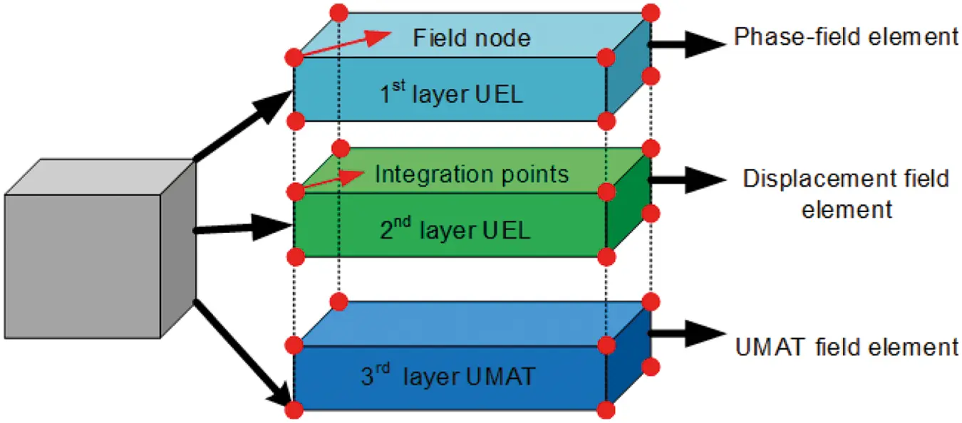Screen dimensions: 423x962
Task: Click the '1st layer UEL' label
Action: click(450, 93)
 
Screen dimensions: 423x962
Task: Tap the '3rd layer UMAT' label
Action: click(447, 375)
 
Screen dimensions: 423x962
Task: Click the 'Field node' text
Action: click(472, 37)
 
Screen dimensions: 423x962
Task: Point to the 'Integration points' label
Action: click(472, 174)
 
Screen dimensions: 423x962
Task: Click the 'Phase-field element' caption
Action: click(846, 37)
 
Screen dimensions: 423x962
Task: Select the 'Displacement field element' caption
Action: click(846, 193)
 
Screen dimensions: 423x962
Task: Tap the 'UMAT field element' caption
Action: click(846, 347)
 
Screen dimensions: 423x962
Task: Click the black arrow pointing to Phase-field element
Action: click(688, 43)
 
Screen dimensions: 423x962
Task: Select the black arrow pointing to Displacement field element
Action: click(688, 182)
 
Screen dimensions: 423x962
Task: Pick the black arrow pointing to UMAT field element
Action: click(688, 332)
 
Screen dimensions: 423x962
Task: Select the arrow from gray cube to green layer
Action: click(242, 229)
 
